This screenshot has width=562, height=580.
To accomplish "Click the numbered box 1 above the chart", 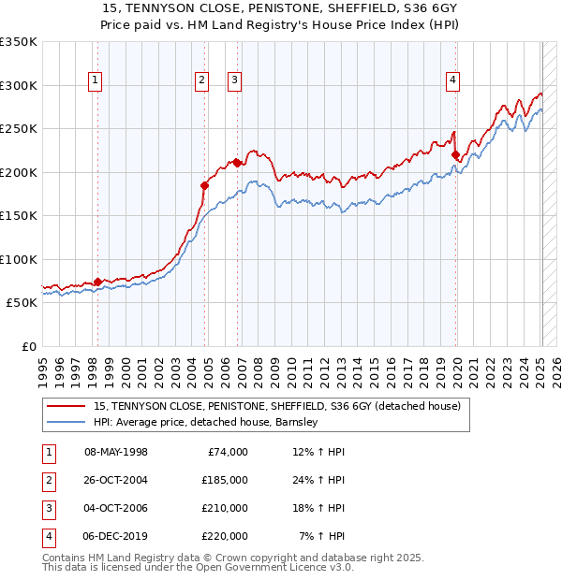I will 96,81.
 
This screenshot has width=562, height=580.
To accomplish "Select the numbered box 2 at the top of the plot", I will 201,81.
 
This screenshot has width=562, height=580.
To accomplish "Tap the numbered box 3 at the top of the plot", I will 233,81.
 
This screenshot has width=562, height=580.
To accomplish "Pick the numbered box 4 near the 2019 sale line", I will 452,81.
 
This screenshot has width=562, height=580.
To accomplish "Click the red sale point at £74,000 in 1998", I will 97,282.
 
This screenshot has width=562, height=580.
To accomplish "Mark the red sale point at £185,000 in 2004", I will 205,185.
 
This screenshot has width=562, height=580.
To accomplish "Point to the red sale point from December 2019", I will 455,155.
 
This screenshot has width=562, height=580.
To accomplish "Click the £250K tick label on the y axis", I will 19,129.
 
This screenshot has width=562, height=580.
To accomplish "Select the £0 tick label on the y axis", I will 28,347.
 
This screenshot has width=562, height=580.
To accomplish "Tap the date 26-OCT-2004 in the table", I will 116,480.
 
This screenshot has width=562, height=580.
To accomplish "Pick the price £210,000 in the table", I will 225,508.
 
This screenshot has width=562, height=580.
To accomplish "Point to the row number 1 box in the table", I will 49,452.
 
